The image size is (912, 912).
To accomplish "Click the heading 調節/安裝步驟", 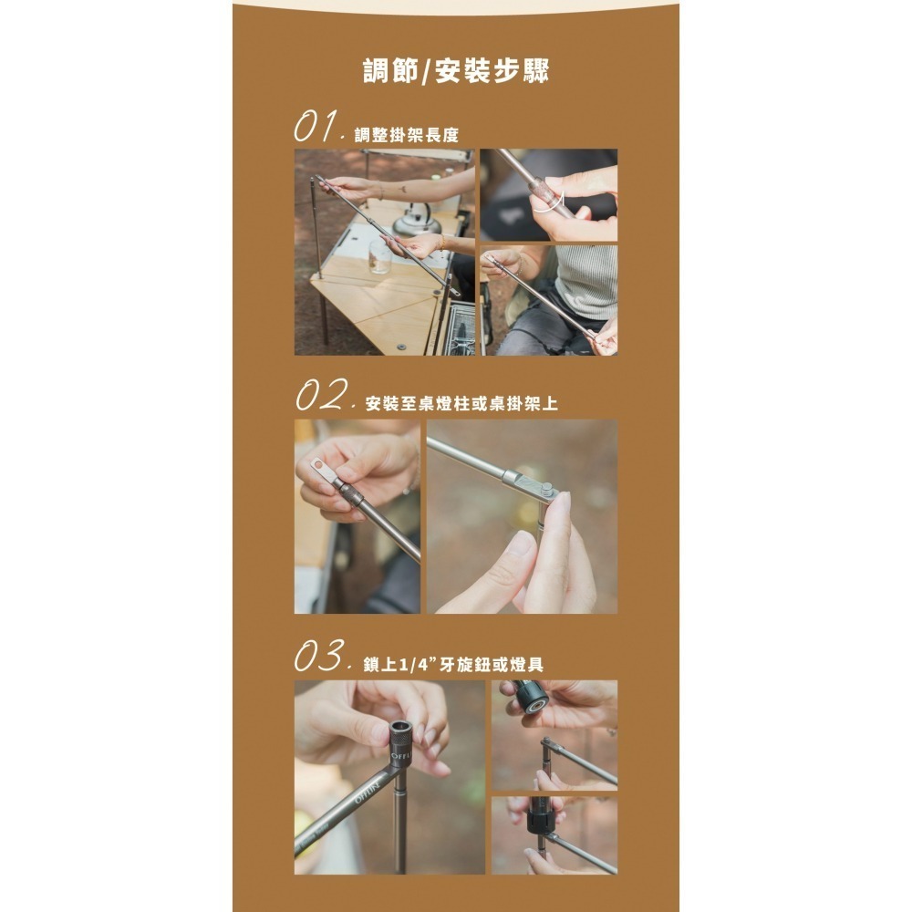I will click(x=456, y=70).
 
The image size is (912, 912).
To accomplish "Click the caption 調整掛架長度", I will click(x=406, y=135).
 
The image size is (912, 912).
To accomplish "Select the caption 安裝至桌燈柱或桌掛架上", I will click(x=461, y=403).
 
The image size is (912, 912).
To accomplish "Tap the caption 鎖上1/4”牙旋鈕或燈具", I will click(x=453, y=664).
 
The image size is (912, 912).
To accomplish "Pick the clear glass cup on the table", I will click(x=379, y=258).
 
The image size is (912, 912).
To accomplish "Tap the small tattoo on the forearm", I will click(x=400, y=191).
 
